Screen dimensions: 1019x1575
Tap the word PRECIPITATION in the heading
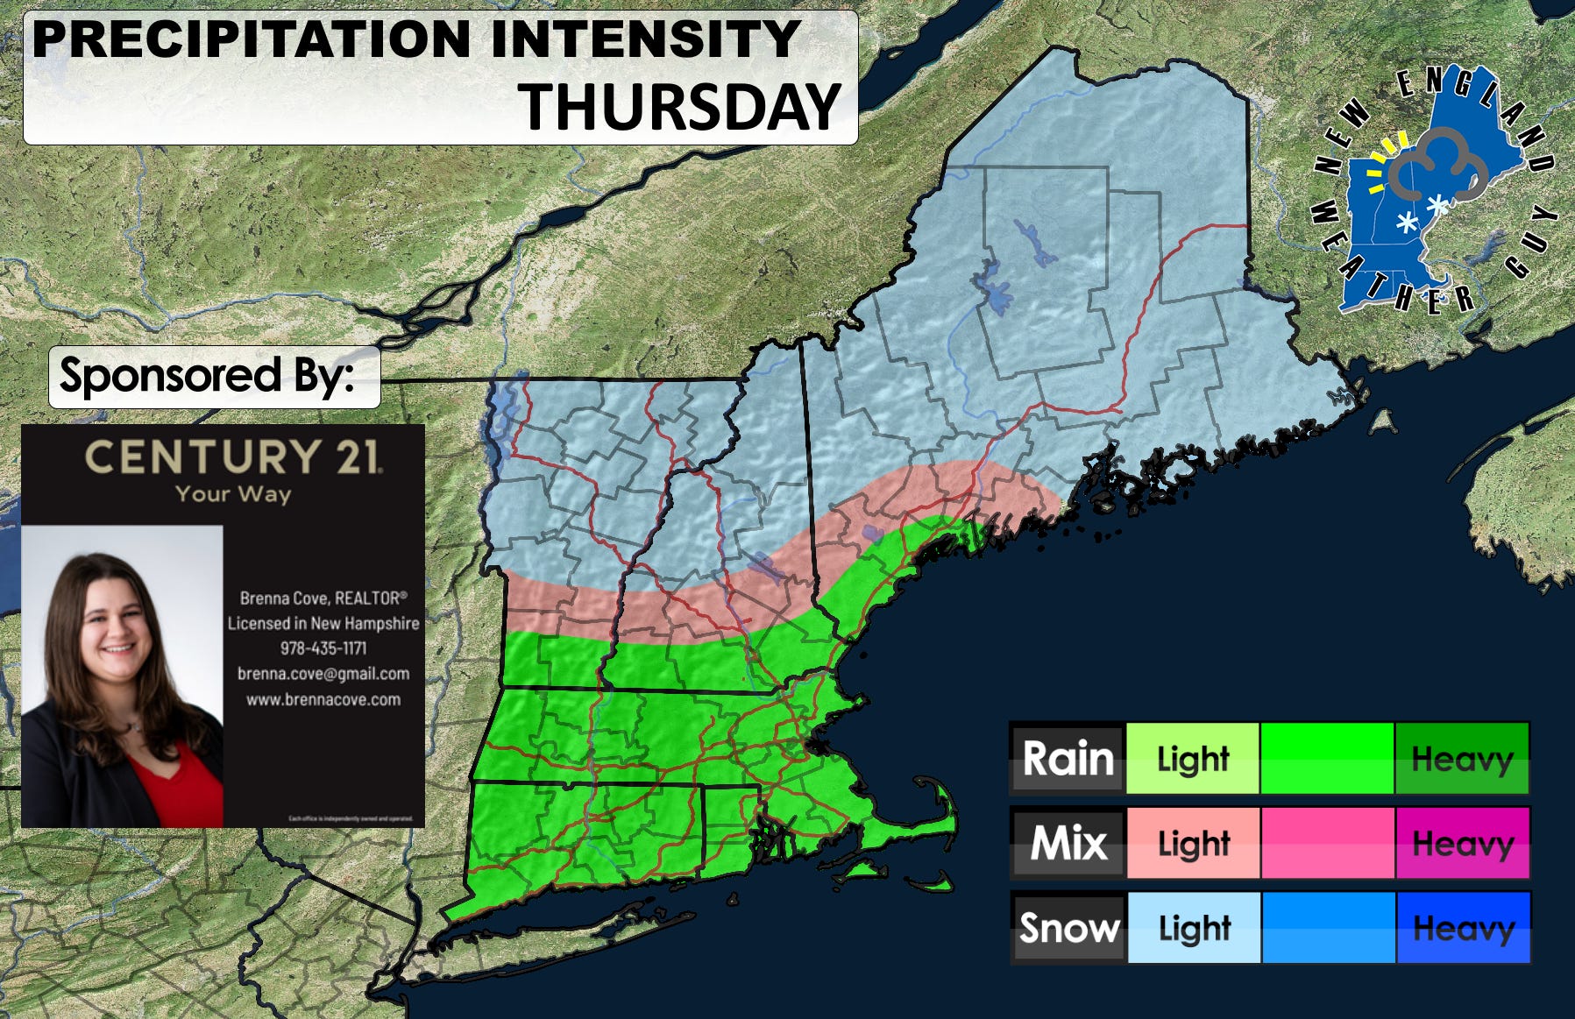(252, 39)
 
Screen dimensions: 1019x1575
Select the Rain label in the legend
(1068, 758)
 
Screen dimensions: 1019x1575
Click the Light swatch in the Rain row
(1192, 758)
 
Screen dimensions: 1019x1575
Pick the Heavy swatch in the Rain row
(1462, 758)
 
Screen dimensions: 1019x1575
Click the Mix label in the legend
(1068, 843)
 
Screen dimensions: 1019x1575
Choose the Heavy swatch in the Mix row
(1462, 843)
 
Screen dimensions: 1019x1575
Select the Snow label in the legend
(1068, 927)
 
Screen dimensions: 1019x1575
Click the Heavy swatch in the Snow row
(1462, 927)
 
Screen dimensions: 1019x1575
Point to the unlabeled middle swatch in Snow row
(1327, 927)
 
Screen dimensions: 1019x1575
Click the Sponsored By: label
(208, 376)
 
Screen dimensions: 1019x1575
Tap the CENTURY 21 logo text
(232, 457)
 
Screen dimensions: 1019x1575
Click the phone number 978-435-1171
(323, 648)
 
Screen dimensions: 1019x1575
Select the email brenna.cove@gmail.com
(323, 674)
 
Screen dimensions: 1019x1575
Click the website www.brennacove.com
(323, 699)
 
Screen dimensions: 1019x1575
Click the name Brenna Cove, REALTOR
(323, 598)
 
